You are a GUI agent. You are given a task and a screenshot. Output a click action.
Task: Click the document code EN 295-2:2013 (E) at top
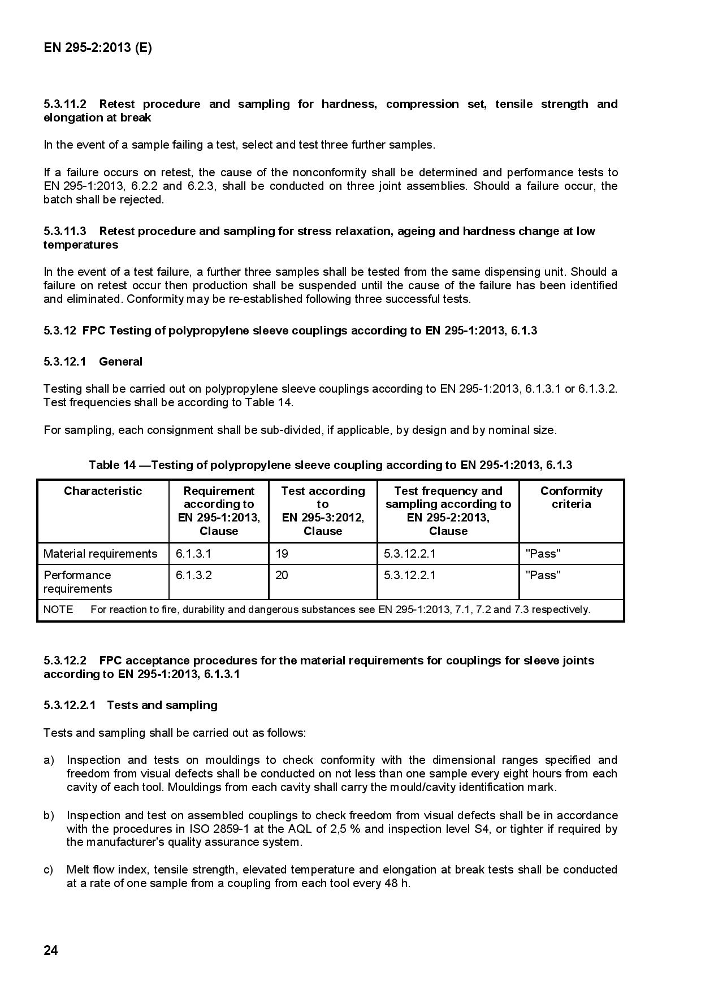97,48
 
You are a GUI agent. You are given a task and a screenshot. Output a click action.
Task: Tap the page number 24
50,950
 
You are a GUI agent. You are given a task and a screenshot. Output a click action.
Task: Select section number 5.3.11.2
64,104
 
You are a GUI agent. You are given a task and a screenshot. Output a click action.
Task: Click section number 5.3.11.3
64,231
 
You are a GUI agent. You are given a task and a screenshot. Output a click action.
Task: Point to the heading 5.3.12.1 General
93,362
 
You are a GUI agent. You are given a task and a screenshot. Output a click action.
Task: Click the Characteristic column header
103,491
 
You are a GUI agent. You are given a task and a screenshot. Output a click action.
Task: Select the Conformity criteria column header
571,497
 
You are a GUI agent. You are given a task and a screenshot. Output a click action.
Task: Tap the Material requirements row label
100,554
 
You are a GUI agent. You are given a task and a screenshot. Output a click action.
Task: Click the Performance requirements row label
77,582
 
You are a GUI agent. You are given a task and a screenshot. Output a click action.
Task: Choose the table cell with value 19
282,554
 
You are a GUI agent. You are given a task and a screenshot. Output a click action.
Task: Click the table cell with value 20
282,575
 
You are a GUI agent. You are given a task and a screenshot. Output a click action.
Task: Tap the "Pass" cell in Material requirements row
543,554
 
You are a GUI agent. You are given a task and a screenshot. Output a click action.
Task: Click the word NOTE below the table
58,610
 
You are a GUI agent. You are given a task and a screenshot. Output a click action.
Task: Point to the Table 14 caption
330,465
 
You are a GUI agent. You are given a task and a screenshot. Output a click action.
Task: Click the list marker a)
49,760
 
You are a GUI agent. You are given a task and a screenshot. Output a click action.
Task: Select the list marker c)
49,870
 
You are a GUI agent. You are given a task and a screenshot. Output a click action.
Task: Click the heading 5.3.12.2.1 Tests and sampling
130,705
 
